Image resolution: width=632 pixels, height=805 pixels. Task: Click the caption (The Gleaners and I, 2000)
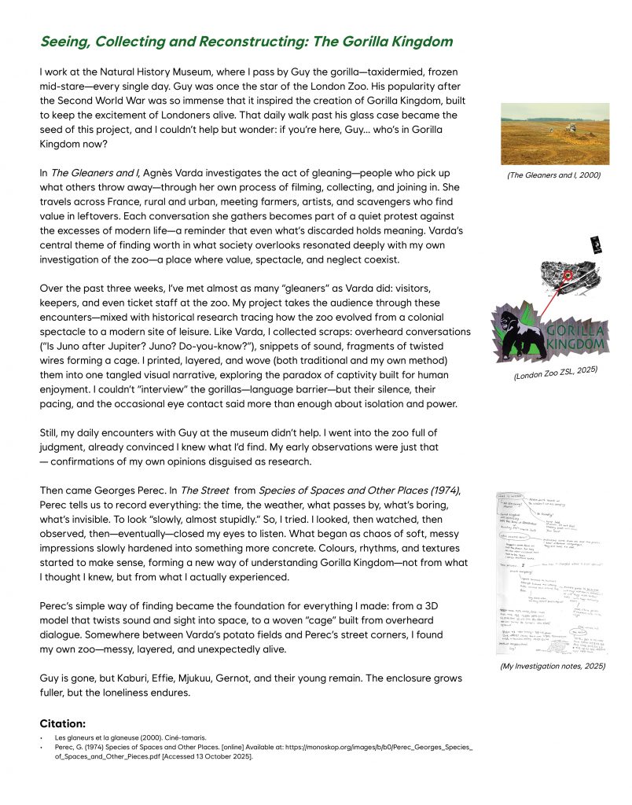(x=553, y=175)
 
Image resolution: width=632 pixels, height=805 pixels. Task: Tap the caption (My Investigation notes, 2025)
(x=553, y=666)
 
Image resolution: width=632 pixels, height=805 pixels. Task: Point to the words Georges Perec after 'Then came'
(x=115, y=491)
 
